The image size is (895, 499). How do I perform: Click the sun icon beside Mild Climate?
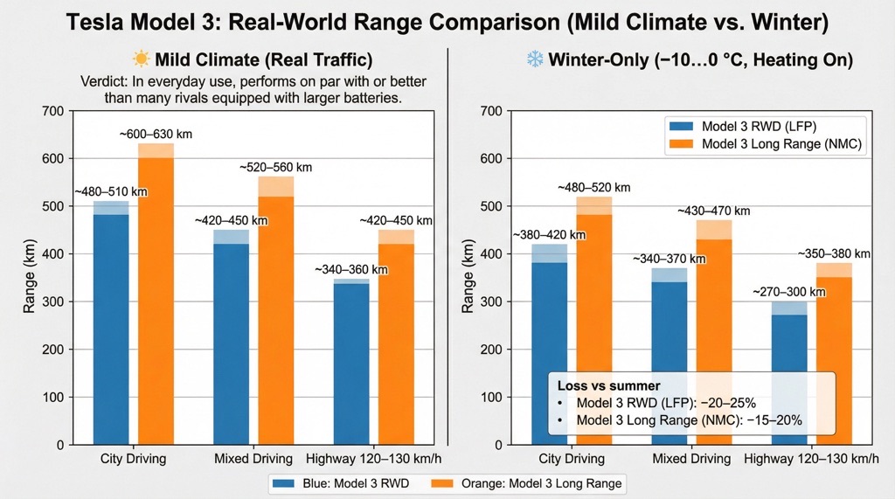coord(141,59)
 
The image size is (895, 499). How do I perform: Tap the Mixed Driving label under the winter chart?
coord(691,459)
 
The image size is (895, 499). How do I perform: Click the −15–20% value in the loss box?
coord(779,420)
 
